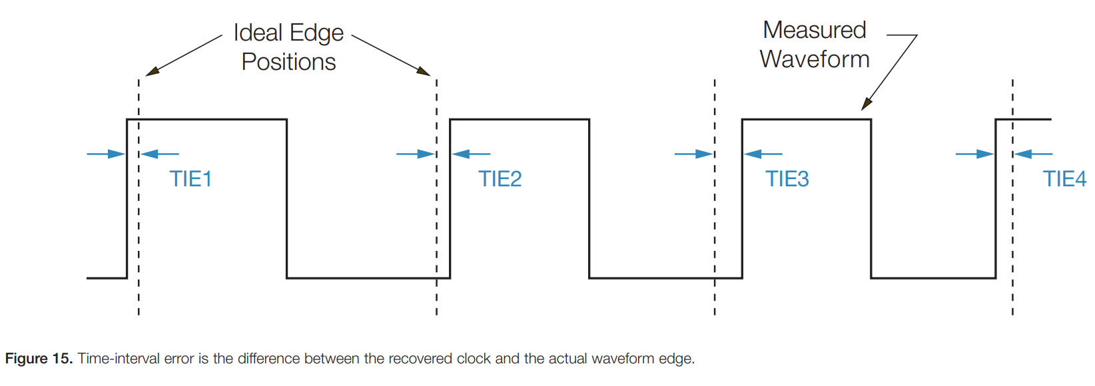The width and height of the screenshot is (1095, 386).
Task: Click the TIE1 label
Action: [x=190, y=179]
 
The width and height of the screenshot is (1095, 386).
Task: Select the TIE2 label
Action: [x=500, y=179]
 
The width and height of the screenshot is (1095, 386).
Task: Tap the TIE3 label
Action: [x=787, y=179]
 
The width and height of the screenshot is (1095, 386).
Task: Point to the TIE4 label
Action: [x=1064, y=179]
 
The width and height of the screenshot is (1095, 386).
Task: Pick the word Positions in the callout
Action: [x=288, y=62]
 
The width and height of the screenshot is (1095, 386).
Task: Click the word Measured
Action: [x=814, y=30]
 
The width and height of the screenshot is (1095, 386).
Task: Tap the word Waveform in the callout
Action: [x=815, y=59]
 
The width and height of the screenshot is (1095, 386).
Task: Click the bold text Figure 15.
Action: [x=39, y=359]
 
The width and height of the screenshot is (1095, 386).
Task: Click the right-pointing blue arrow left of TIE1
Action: [x=107, y=154]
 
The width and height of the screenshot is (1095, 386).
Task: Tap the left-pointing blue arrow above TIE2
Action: [x=471, y=154]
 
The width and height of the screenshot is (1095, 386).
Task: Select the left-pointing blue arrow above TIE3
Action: [x=763, y=154]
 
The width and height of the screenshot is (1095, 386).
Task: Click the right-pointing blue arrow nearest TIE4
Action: [x=974, y=154]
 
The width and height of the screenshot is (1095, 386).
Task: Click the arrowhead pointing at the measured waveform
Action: [x=866, y=104]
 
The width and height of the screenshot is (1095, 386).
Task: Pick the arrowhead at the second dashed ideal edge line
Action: [x=424, y=71]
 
